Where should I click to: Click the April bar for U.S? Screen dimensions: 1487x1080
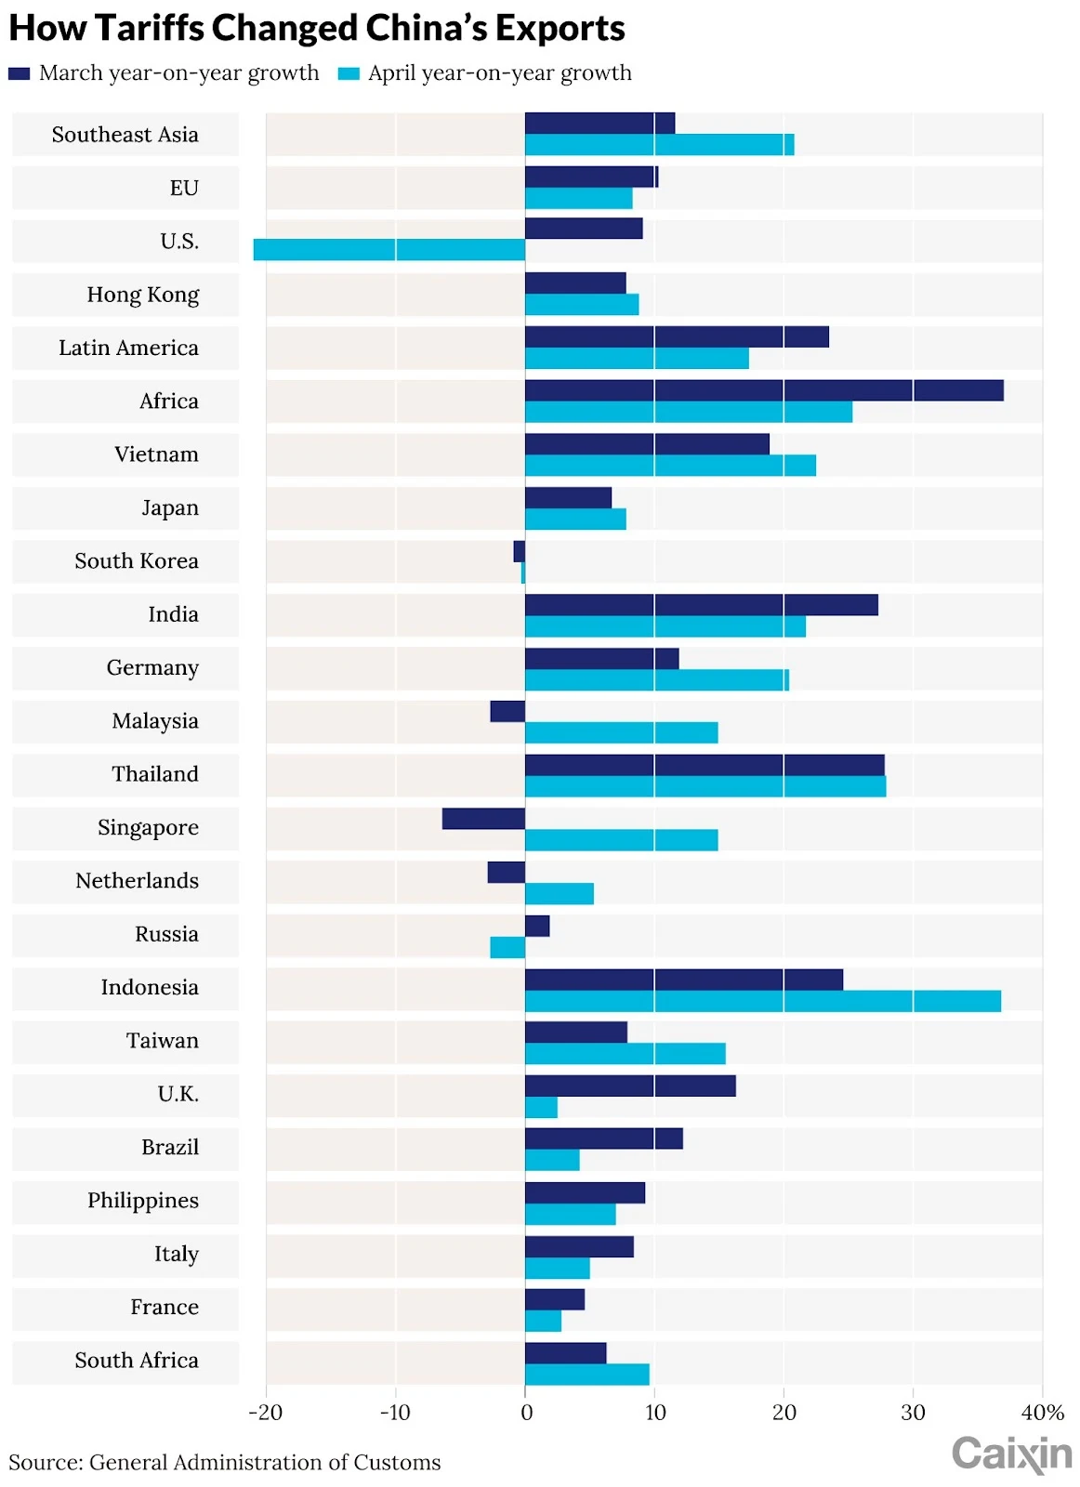pos(389,250)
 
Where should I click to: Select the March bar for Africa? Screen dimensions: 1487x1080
pos(764,390)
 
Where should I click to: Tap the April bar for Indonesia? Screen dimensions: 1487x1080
pos(762,1001)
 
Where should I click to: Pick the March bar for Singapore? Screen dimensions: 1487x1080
pos(483,819)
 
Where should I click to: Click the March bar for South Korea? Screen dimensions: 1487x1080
pos(519,552)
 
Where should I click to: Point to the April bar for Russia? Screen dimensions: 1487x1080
pos(507,948)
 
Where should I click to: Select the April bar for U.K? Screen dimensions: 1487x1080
pos(541,1108)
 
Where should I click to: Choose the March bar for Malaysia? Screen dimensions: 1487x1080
pos(507,712)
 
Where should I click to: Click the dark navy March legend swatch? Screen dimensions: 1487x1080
pos(19,73)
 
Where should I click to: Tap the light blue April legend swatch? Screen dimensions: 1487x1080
pos(349,73)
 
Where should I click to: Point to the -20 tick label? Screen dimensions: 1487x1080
pos(265,1414)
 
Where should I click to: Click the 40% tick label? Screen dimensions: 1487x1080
pos(1042,1414)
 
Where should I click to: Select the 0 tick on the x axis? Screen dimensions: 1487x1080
pos(526,1414)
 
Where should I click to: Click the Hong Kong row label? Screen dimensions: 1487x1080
pos(143,295)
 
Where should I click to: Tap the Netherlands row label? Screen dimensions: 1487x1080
pos(137,881)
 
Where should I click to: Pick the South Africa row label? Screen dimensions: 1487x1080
pos(137,1361)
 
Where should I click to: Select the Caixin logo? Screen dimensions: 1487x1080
pos(1011,1454)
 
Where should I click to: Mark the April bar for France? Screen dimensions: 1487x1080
pos(543,1322)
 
